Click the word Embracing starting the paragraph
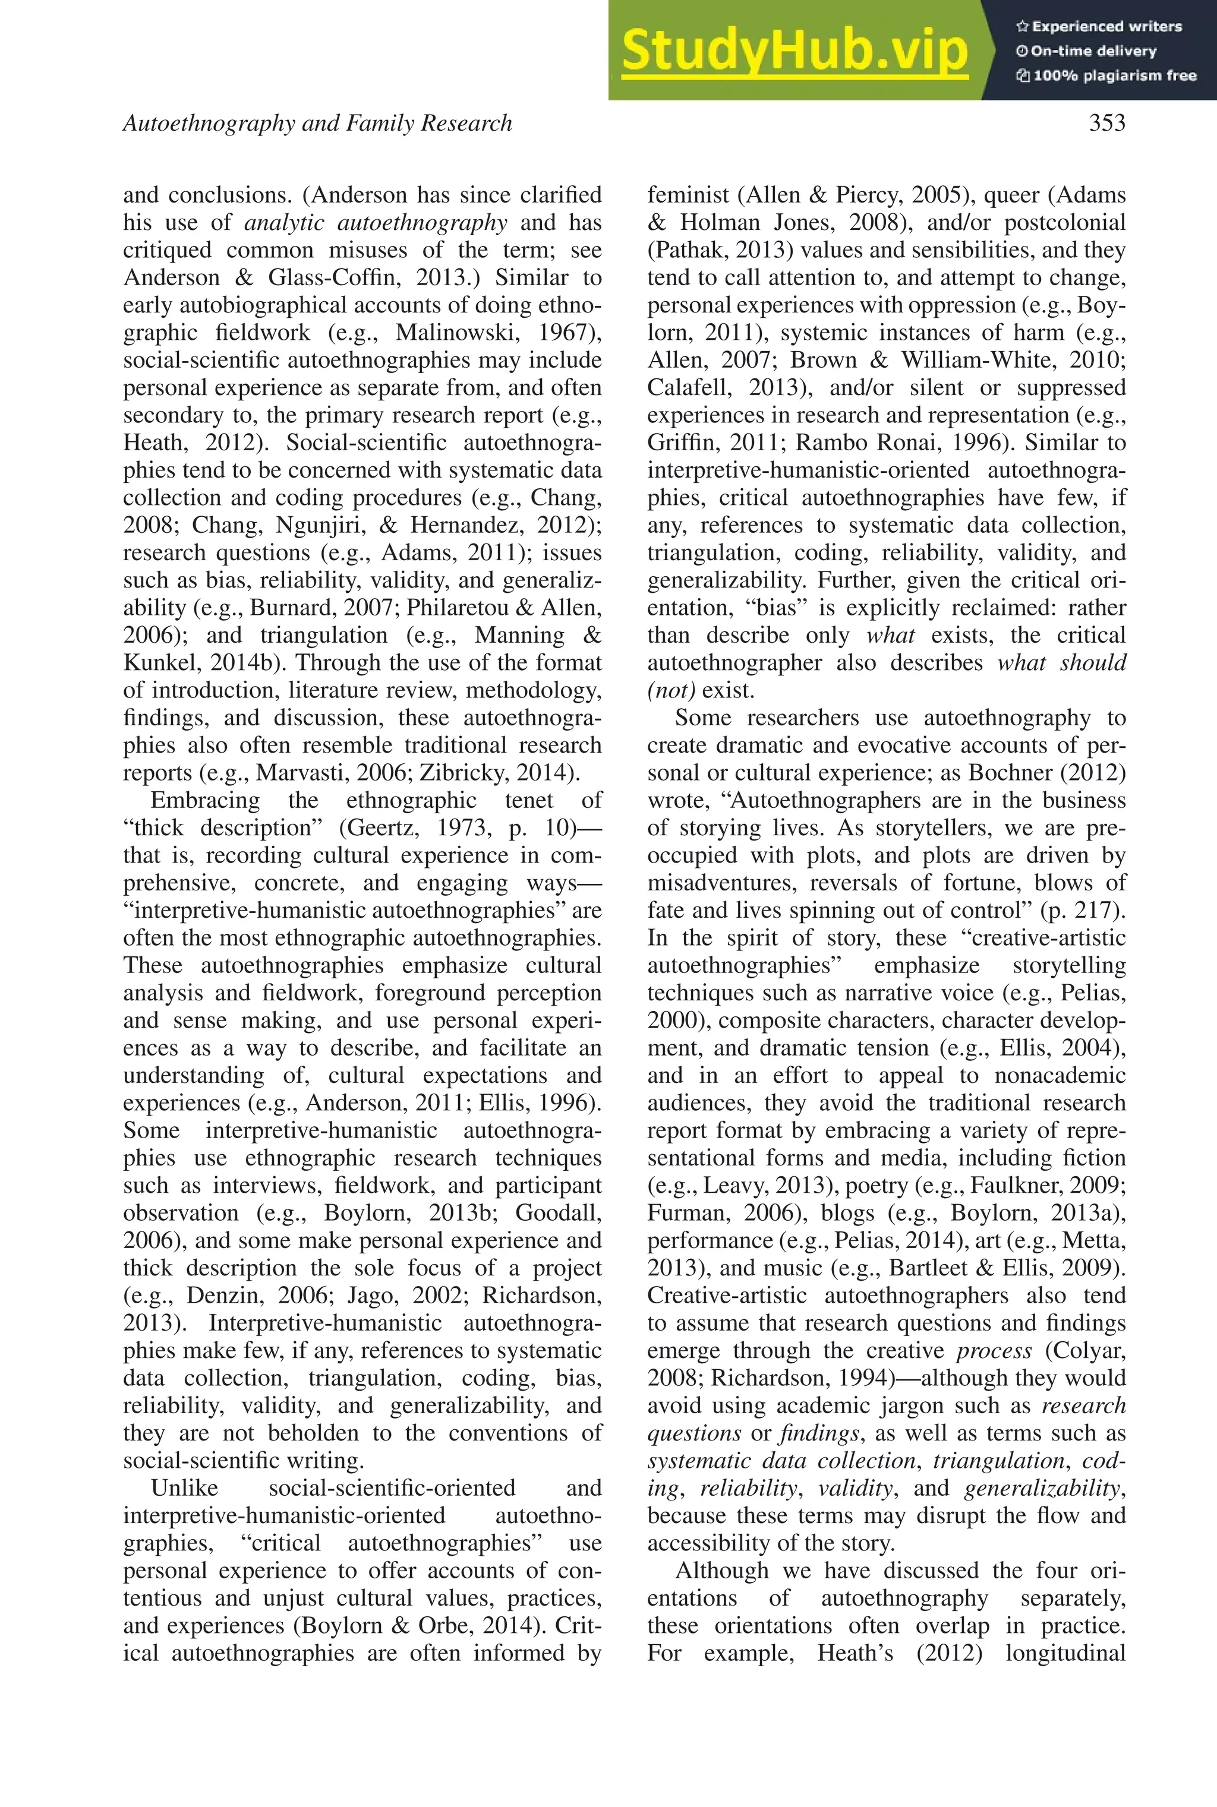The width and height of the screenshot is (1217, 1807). (205, 800)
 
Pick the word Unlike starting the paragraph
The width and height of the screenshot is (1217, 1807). (184, 1488)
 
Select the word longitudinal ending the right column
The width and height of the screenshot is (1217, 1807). (1065, 1653)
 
